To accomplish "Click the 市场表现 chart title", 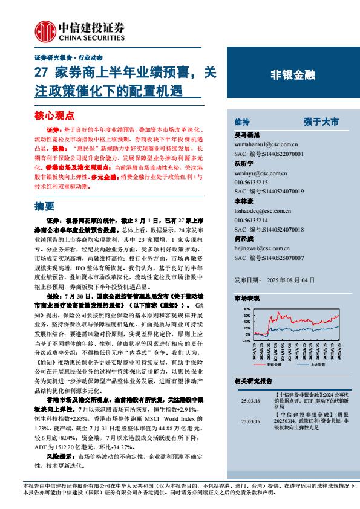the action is tap(247, 299).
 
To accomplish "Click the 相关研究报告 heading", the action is tap(253, 381).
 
